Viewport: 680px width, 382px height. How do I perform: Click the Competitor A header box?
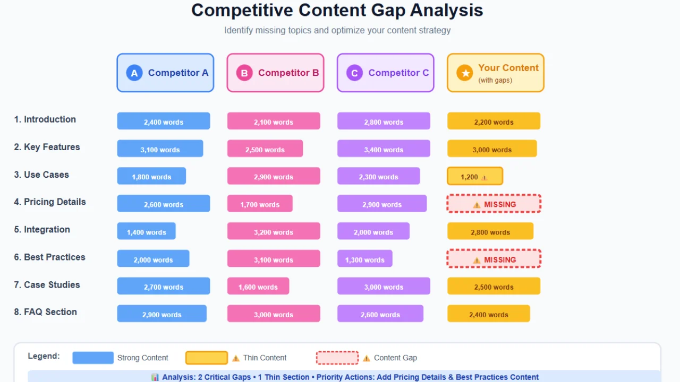(165, 73)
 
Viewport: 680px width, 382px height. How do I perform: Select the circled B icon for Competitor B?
(244, 73)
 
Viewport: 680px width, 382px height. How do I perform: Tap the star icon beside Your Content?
(465, 73)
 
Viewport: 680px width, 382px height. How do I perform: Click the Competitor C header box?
(385, 73)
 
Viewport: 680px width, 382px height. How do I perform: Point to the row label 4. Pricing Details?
(50, 202)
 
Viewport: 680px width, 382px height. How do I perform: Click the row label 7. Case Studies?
(47, 285)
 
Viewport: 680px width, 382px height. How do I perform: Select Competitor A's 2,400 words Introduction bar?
(164, 121)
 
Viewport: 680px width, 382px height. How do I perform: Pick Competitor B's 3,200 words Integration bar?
(274, 232)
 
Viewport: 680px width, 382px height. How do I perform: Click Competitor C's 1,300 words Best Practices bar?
(365, 259)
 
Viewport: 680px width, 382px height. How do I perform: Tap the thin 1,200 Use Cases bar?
(474, 177)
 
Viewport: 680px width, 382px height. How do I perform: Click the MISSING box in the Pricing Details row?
(494, 204)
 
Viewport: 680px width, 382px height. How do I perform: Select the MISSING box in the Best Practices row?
(494, 259)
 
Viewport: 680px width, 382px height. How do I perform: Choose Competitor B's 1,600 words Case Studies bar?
(258, 287)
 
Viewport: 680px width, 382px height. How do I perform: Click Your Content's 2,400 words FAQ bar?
(489, 315)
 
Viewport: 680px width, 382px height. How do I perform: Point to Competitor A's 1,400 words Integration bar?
(147, 232)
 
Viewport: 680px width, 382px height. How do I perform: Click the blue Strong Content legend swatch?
(93, 358)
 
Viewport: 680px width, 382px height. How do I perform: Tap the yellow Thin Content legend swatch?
(207, 358)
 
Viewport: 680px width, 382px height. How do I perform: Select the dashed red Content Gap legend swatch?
(337, 358)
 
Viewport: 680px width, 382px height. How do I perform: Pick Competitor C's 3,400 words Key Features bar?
(384, 149)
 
